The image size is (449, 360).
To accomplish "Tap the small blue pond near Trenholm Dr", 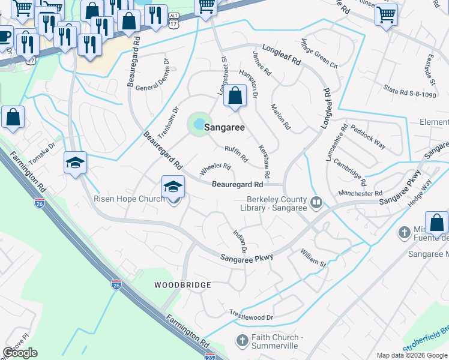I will click(x=199, y=124).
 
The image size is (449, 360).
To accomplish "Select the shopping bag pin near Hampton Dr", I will click(x=235, y=96).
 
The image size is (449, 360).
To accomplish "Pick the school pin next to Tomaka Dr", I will click(x=76, y=163).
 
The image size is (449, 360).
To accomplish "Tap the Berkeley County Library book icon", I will click(x=316, y=203).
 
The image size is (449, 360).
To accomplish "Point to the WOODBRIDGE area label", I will click(x=182, y=284).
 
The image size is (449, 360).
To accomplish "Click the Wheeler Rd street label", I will click(x=215, y=166).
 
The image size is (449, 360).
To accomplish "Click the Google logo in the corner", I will click(x=20, y=353).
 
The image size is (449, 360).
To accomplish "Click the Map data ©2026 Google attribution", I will click(x=411, y=355).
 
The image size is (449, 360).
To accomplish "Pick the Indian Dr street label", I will click(x=240, y=240).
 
